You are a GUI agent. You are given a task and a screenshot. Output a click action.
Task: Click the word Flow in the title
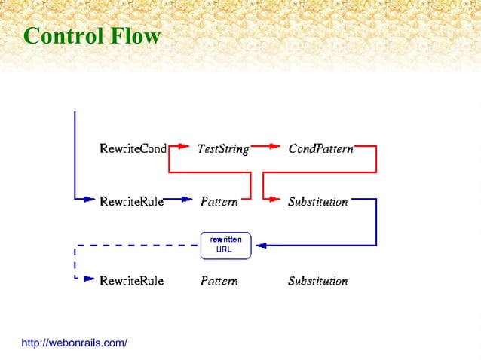pos(136,35)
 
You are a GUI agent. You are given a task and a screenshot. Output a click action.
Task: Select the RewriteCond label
pos(133,148)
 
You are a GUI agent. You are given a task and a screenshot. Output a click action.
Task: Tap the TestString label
pos(222,148)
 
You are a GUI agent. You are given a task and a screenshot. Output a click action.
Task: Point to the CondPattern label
pos(320,148)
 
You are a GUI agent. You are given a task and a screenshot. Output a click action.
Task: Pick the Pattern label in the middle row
pos(219,202)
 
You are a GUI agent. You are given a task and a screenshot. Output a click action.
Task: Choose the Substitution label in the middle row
pos(317,202)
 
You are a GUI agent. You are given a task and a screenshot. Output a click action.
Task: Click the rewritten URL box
pos(225,245)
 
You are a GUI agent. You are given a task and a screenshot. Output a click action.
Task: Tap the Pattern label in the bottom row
pos(219,281)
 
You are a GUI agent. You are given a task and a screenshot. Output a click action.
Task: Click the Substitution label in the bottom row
pos(317,281)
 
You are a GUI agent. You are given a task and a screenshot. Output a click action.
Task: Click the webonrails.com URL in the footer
pos(74,343)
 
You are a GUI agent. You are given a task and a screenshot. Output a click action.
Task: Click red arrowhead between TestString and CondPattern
pos(274,148)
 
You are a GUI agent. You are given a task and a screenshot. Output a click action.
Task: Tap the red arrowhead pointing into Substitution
pos(275,201)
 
